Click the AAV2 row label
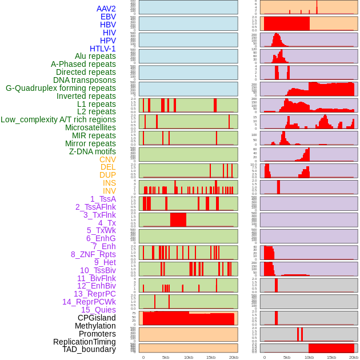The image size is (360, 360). click(x=106, y=9)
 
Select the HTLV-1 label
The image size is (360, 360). click(x=103, y=49)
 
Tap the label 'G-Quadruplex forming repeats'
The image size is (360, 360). click(x=61, y=88)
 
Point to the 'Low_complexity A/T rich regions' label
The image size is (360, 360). click(x=58, y=119)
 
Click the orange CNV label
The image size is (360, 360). click(x=107, y=159)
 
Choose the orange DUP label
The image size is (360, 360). click(x=107, y=175)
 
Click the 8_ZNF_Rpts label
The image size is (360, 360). click(x=93, y=254)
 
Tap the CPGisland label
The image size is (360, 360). click(x=97, y=318)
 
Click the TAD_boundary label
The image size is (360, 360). click(x=89, y=349)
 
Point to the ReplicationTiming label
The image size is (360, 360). click(x=85, y=342)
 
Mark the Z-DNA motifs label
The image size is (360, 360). click(x=93, y=151)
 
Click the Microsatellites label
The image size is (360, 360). click(x=90, y=127)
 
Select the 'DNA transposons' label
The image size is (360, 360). click(x=85, y=80)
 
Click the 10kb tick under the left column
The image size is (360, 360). click(x=189, y=357)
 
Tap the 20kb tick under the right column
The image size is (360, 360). click(x=354, y=357)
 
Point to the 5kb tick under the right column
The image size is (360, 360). click(x=287, y=357)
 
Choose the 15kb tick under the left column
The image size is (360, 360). click(x=211, y=357)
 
